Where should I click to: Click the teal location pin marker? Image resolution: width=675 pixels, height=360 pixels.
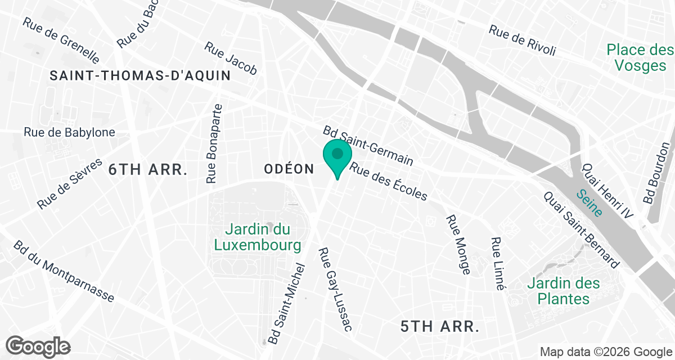pos(337,156)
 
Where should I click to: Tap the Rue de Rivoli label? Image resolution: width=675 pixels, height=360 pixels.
pos(522,40)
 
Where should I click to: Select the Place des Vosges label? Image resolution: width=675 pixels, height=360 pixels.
pos(640,58)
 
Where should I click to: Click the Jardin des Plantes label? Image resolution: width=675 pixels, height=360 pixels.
pos(564,291)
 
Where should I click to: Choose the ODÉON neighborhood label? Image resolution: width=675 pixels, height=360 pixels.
pos(289,169)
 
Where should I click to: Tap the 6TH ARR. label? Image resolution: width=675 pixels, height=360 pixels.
pos(148,169)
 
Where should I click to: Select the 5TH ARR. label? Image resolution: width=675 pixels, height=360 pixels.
pos(440,326)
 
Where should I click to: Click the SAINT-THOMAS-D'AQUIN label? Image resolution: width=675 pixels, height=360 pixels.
pos(140,75)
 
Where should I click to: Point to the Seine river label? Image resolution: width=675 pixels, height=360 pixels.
pos(589,203)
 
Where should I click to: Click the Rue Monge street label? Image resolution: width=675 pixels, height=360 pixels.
pos(458,245)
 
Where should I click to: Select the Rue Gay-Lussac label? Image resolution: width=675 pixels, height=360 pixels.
pos(335,289)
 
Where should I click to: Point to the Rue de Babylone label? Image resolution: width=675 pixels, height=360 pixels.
pos(69,132)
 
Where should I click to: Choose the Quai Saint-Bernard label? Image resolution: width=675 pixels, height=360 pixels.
pos(581,229)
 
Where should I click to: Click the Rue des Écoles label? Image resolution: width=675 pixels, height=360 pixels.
pos(389,181)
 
